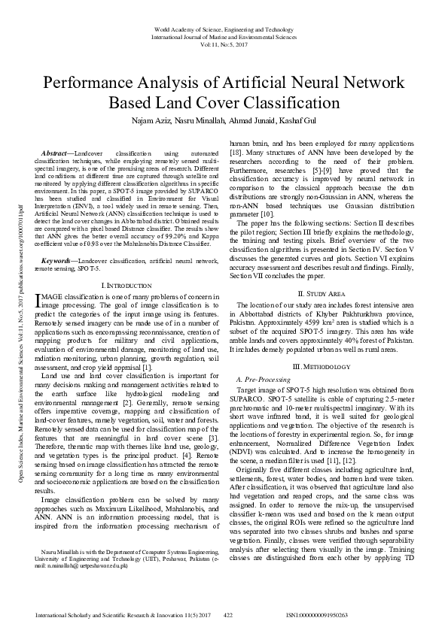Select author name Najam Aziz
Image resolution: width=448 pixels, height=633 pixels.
[x=156, y=120]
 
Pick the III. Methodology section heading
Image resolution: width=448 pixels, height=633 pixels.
[x=322, y=366]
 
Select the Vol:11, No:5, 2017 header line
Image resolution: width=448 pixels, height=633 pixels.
[x=224, y=44]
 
